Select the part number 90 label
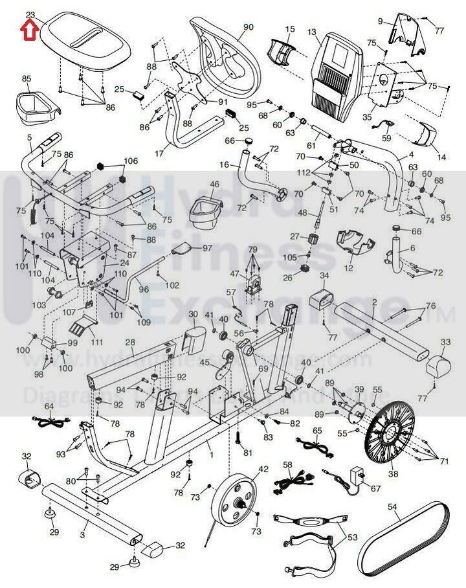[x=249, y=27]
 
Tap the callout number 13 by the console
[x=312, y=32]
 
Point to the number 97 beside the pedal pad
[x=207, y=248]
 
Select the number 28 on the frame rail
[x=129, y=343]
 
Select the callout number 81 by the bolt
[x=247, y=452]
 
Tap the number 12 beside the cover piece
[x=348, y=267]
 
